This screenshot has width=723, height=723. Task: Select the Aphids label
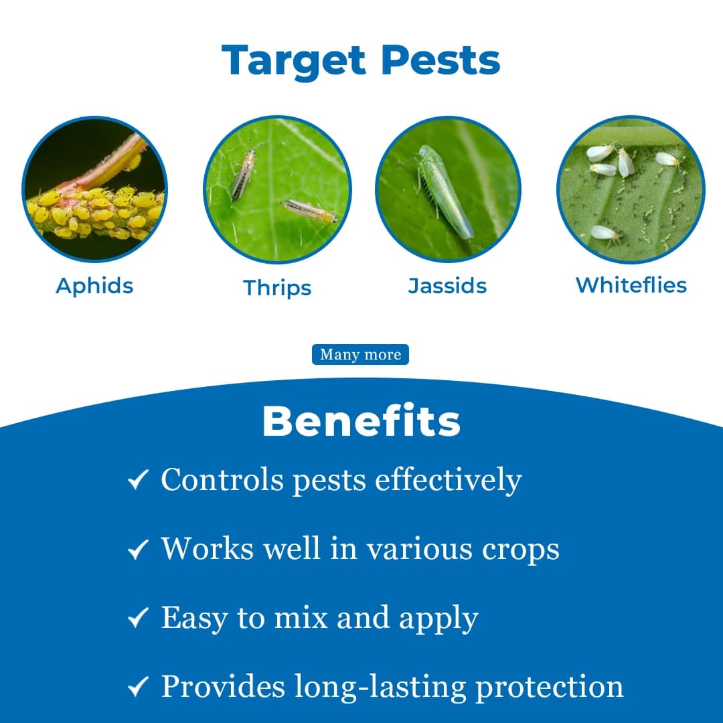click(x=94, y=286)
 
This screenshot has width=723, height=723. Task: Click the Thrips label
click(x=277, y=288)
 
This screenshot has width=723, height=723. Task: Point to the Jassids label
click(x=447, y=286)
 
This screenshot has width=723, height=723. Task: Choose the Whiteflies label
click(x=631, y=285)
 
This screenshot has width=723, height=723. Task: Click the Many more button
click(x=360, y=355)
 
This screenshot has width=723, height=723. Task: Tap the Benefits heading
click(x=361, y=422)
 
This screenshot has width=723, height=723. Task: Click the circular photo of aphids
click(x=94, y=189)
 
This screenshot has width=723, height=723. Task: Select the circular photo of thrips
click(x=277, y=189)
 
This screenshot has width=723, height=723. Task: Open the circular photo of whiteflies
click(x=631, y=189)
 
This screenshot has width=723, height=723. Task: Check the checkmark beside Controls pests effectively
click(x=137, y=481)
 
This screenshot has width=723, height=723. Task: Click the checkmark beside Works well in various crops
click(x=137, y=550)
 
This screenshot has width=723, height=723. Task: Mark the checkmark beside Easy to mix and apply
click(x=137, y=619)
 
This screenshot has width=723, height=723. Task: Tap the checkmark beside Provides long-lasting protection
click(x=137, y=688)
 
